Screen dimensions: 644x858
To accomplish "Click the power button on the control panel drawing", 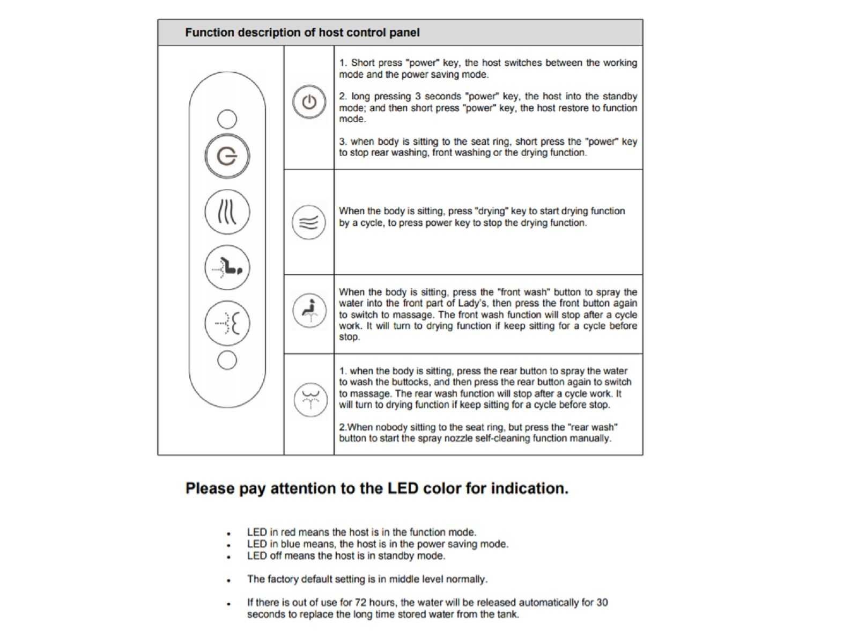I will click(227, 156).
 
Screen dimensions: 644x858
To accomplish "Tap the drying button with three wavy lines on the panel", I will click(227, 212).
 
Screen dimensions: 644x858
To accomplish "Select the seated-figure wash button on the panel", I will click(227, 267).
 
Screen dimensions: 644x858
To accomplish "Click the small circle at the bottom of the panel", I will click(227, 360).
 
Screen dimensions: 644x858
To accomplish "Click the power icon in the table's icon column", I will click(309, 102).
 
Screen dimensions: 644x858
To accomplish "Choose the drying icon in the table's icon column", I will click(309, 222).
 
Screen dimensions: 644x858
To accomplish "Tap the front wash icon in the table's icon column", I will click(309, 310).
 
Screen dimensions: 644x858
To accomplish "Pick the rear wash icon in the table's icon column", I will click(310, 400).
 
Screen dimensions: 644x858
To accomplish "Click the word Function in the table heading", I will click(209, 33).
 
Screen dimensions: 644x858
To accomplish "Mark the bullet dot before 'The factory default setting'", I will click(229, 580).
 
